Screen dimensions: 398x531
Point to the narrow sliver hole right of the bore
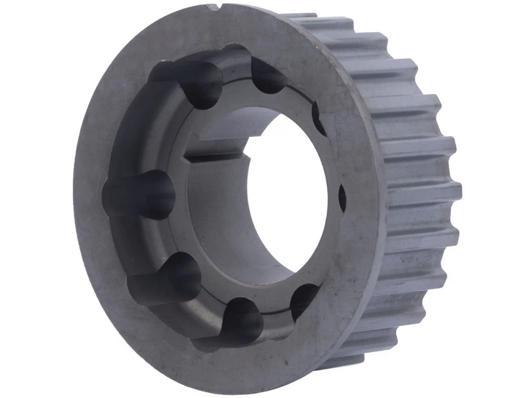pyautogui.click(x=342, y=195)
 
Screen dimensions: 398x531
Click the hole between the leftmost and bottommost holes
pyautogui.click(x=166, y=277)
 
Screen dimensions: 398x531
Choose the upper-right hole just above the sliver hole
pyautogui.click(x=318, y=119)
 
